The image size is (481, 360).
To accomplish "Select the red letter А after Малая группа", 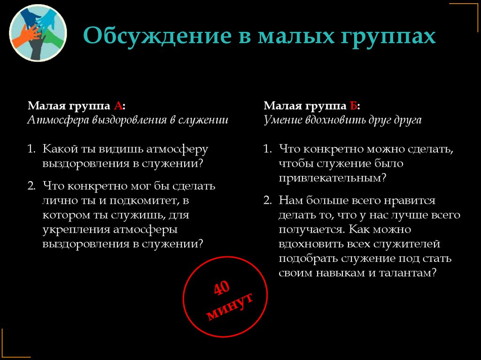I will click(x=118, y=105).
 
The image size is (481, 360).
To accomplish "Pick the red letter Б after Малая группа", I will click(x=354, y=105).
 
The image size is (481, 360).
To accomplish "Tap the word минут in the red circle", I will click(x=230, y=306).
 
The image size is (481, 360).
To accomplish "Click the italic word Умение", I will click(x=282, y=120).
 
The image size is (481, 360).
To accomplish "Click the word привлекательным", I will click(x=329, y=178).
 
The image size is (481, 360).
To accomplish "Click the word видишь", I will click(x=122, y=149).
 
